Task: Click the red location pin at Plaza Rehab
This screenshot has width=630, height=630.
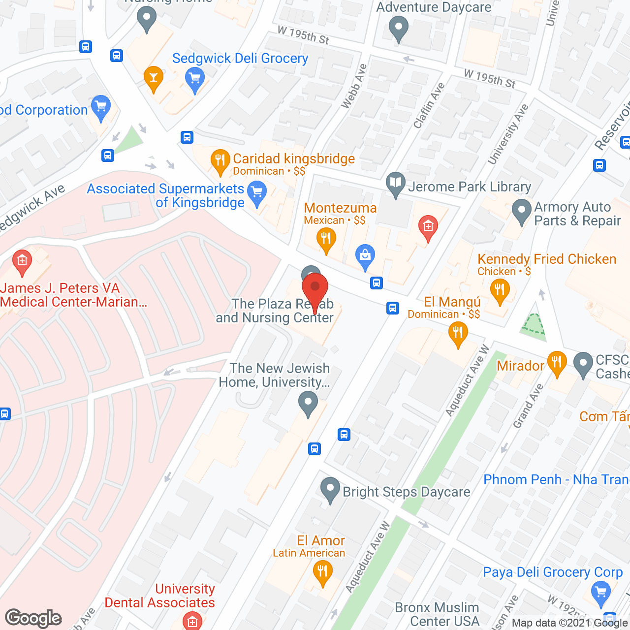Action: pos(315,288)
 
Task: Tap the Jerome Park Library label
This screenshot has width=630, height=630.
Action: pos(470,187)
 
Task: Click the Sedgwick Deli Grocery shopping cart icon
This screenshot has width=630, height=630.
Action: pos(195,78)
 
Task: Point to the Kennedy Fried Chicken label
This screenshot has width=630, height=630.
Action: pos(547,259)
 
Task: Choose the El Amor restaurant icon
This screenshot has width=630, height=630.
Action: pos(322,571)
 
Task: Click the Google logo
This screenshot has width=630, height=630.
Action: pos(33,618)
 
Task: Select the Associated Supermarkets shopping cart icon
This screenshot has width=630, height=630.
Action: pos(256,191)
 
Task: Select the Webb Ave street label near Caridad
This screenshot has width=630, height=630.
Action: pos(354,86)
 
